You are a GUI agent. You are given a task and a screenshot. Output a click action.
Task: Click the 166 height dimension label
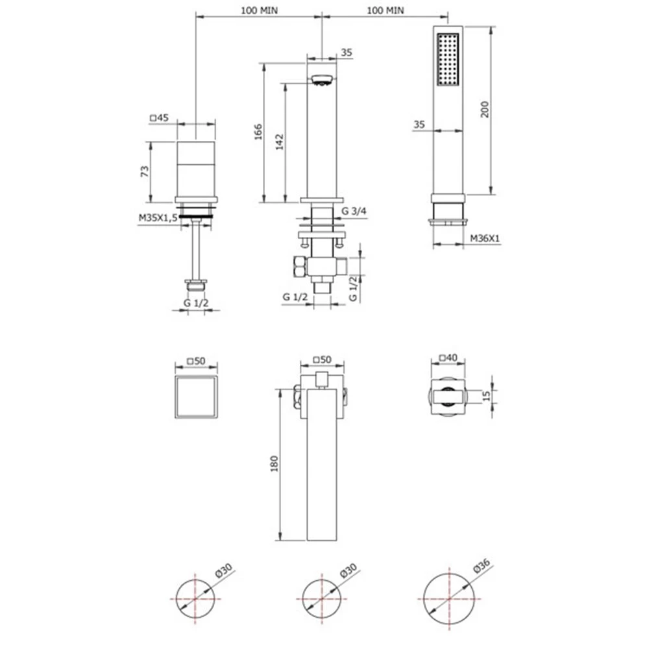pyautogui.click(x=258, y=132)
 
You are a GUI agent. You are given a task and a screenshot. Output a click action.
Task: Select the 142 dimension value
pyautogui.click(x=279, y=141)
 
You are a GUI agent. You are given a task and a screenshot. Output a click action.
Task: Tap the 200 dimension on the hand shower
pyautogui.click(x=485, y=109)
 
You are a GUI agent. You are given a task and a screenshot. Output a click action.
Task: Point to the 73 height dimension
pyautogui.click(x=145, y=171)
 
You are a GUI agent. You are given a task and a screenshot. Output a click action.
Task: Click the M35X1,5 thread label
pyautogui.click(x=158, y=217)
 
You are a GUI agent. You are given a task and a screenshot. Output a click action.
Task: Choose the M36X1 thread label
pyautogui.click(x=485, y=238)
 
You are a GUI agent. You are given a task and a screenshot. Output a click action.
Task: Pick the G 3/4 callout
pyautogui.click(x=354, y=211)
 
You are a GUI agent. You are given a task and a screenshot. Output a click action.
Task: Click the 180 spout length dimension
pyautogui.click(x=274, y=463)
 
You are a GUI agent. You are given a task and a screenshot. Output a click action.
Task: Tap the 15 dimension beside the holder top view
pyautogui.click(x=486, y=396)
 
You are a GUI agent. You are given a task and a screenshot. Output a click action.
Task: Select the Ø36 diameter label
pyautogui.click(x=482, y=565)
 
